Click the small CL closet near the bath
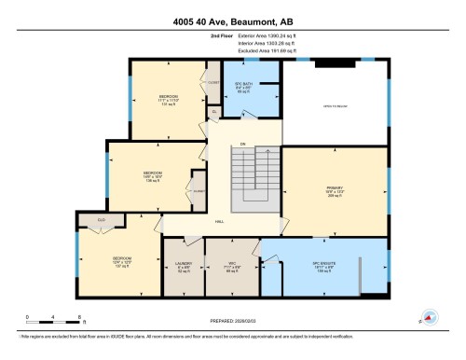(x=213, y=111)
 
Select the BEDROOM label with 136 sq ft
(x=152, y=175)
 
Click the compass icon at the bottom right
(x=431, y=315)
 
